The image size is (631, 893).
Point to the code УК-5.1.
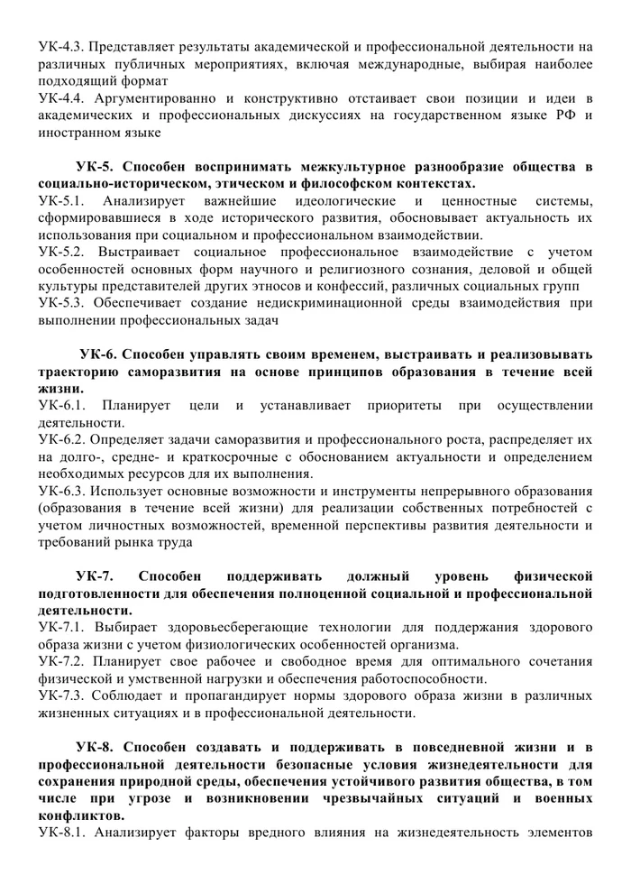(61, 200)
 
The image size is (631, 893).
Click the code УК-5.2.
(61, 253)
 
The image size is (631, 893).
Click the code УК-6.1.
(61, 405)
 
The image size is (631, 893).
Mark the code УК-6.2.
(61, 439)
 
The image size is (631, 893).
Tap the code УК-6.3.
(61, 492)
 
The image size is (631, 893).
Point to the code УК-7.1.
(61, 627)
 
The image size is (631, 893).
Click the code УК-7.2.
(61, 661)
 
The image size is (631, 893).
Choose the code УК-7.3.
(61, 695)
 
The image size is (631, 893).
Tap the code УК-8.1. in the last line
(61, 833)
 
